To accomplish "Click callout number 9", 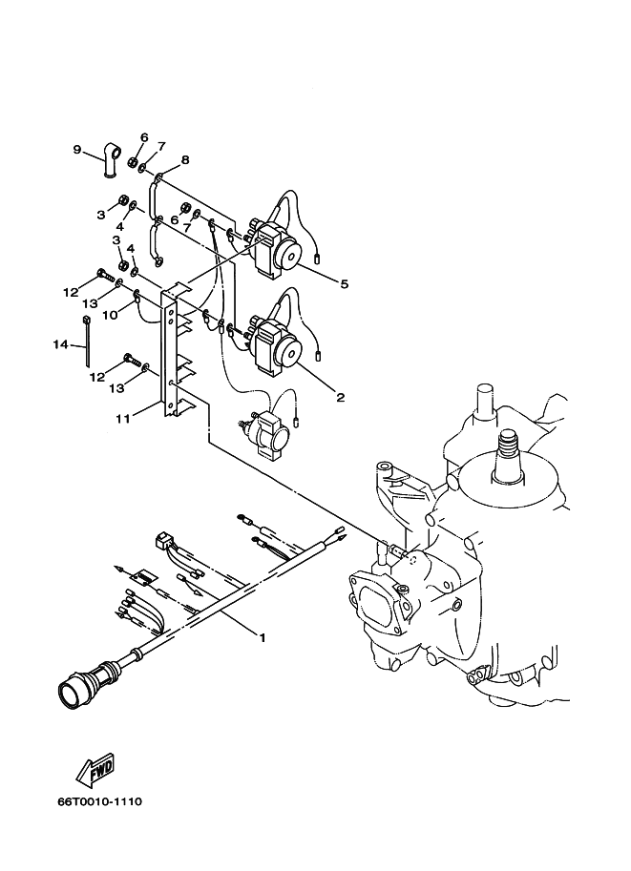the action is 77,149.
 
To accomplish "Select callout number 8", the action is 184,160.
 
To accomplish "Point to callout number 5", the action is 344,284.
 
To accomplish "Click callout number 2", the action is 340,397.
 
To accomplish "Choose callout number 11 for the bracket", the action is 122,418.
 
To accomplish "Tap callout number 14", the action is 60,344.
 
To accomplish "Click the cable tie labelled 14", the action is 86,341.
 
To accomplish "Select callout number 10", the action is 110,315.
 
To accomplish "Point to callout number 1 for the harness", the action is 263,637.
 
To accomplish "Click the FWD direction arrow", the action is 95,771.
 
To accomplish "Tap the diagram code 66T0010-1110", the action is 100,801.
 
